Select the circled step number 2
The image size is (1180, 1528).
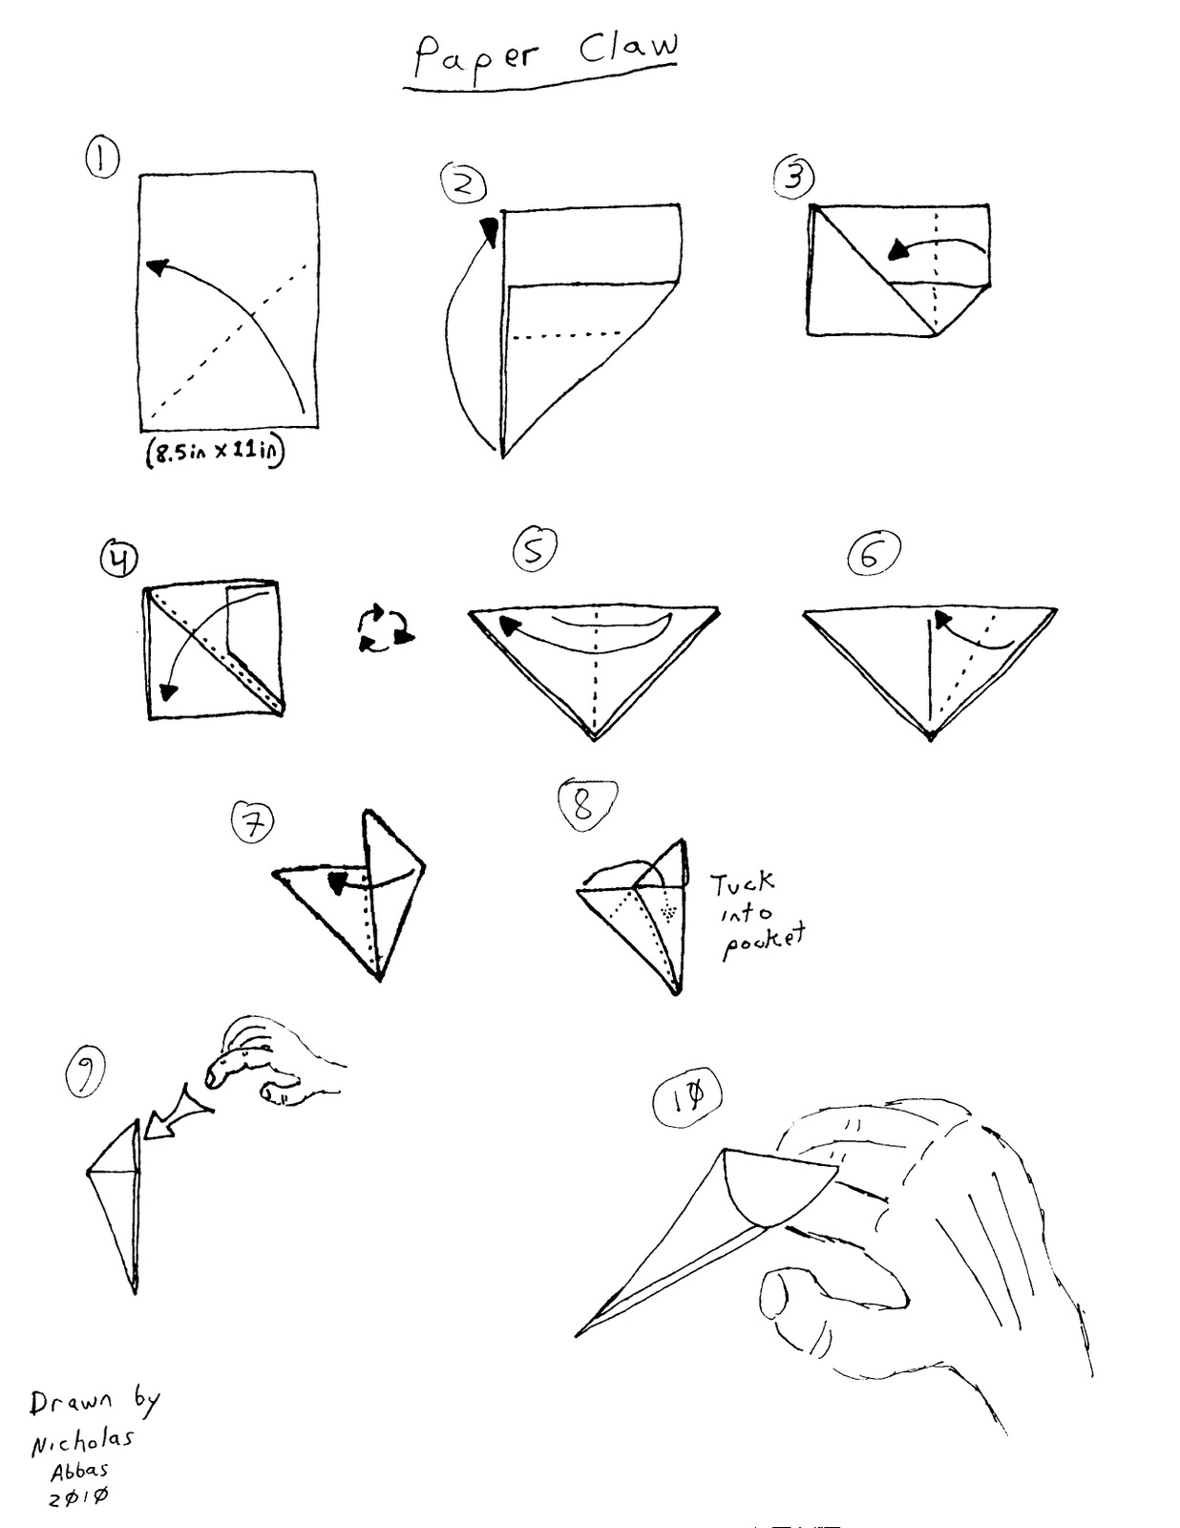point(464,183)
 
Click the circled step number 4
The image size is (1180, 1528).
point(119,559)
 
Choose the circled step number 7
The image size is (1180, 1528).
point(253,822)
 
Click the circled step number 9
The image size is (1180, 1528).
point(85,1073)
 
